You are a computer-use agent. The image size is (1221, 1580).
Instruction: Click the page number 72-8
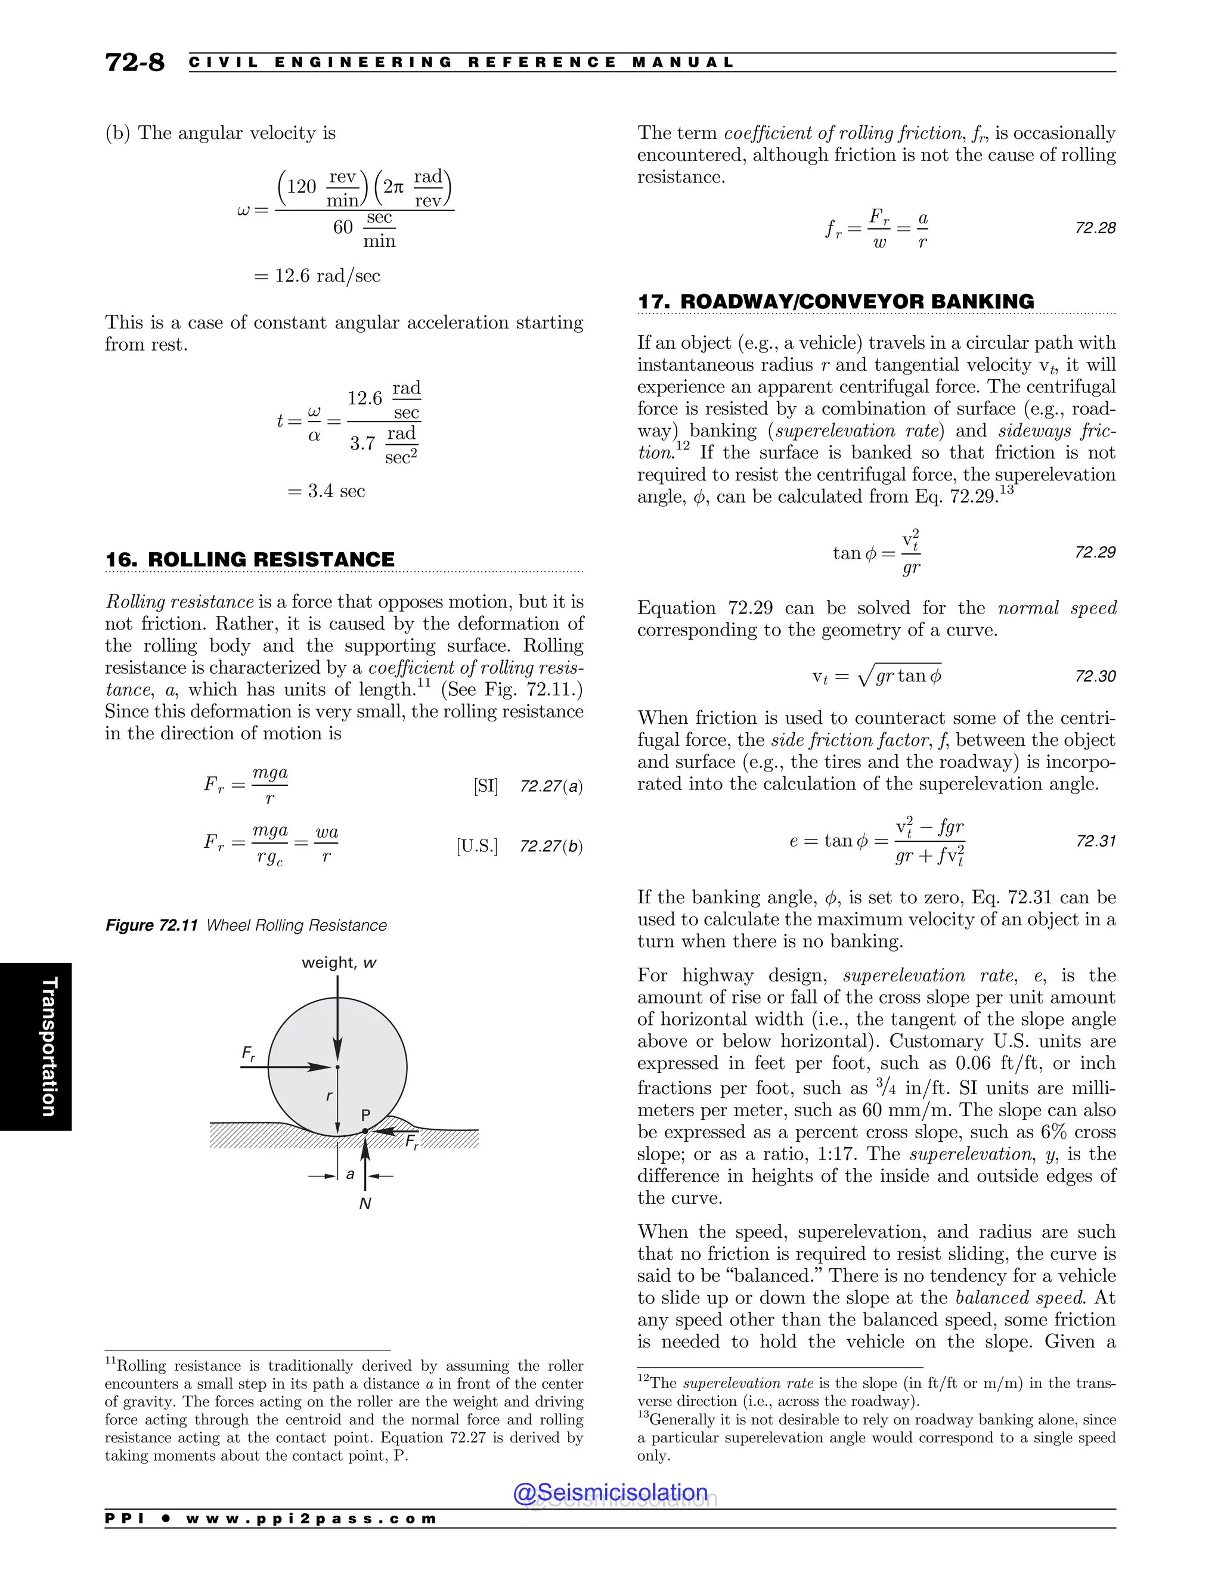(135, 62)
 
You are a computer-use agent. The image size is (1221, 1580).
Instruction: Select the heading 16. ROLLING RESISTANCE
(250, 559)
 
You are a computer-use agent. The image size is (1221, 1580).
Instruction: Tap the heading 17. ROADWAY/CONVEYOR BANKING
(835, 301)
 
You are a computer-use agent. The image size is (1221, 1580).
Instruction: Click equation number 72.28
(1095, 228)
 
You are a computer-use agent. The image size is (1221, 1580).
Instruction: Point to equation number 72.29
(1095, 553)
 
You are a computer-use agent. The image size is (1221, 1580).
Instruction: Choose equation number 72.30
(1095, 677)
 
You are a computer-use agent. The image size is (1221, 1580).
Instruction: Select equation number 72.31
(1095, 841)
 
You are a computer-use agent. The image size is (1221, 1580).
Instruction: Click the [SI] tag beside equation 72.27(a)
(485, 786)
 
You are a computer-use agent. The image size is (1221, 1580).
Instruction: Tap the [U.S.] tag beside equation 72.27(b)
(477, 845)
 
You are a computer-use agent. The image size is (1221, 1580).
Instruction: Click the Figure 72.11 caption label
(152, 925)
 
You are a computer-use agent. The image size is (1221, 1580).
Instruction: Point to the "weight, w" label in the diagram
(339, 963)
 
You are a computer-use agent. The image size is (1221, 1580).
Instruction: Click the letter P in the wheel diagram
(365, 1115)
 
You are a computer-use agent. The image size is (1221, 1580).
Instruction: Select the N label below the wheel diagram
(365, 1204)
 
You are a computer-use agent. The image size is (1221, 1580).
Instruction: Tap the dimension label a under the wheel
(350, 1174)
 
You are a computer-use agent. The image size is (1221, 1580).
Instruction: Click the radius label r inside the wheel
(329, 1096)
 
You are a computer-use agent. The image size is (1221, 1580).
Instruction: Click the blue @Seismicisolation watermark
(610, 1492)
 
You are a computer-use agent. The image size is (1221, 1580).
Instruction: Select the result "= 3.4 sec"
(326, 491)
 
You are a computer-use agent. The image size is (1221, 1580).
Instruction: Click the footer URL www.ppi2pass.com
(311, 1519)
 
